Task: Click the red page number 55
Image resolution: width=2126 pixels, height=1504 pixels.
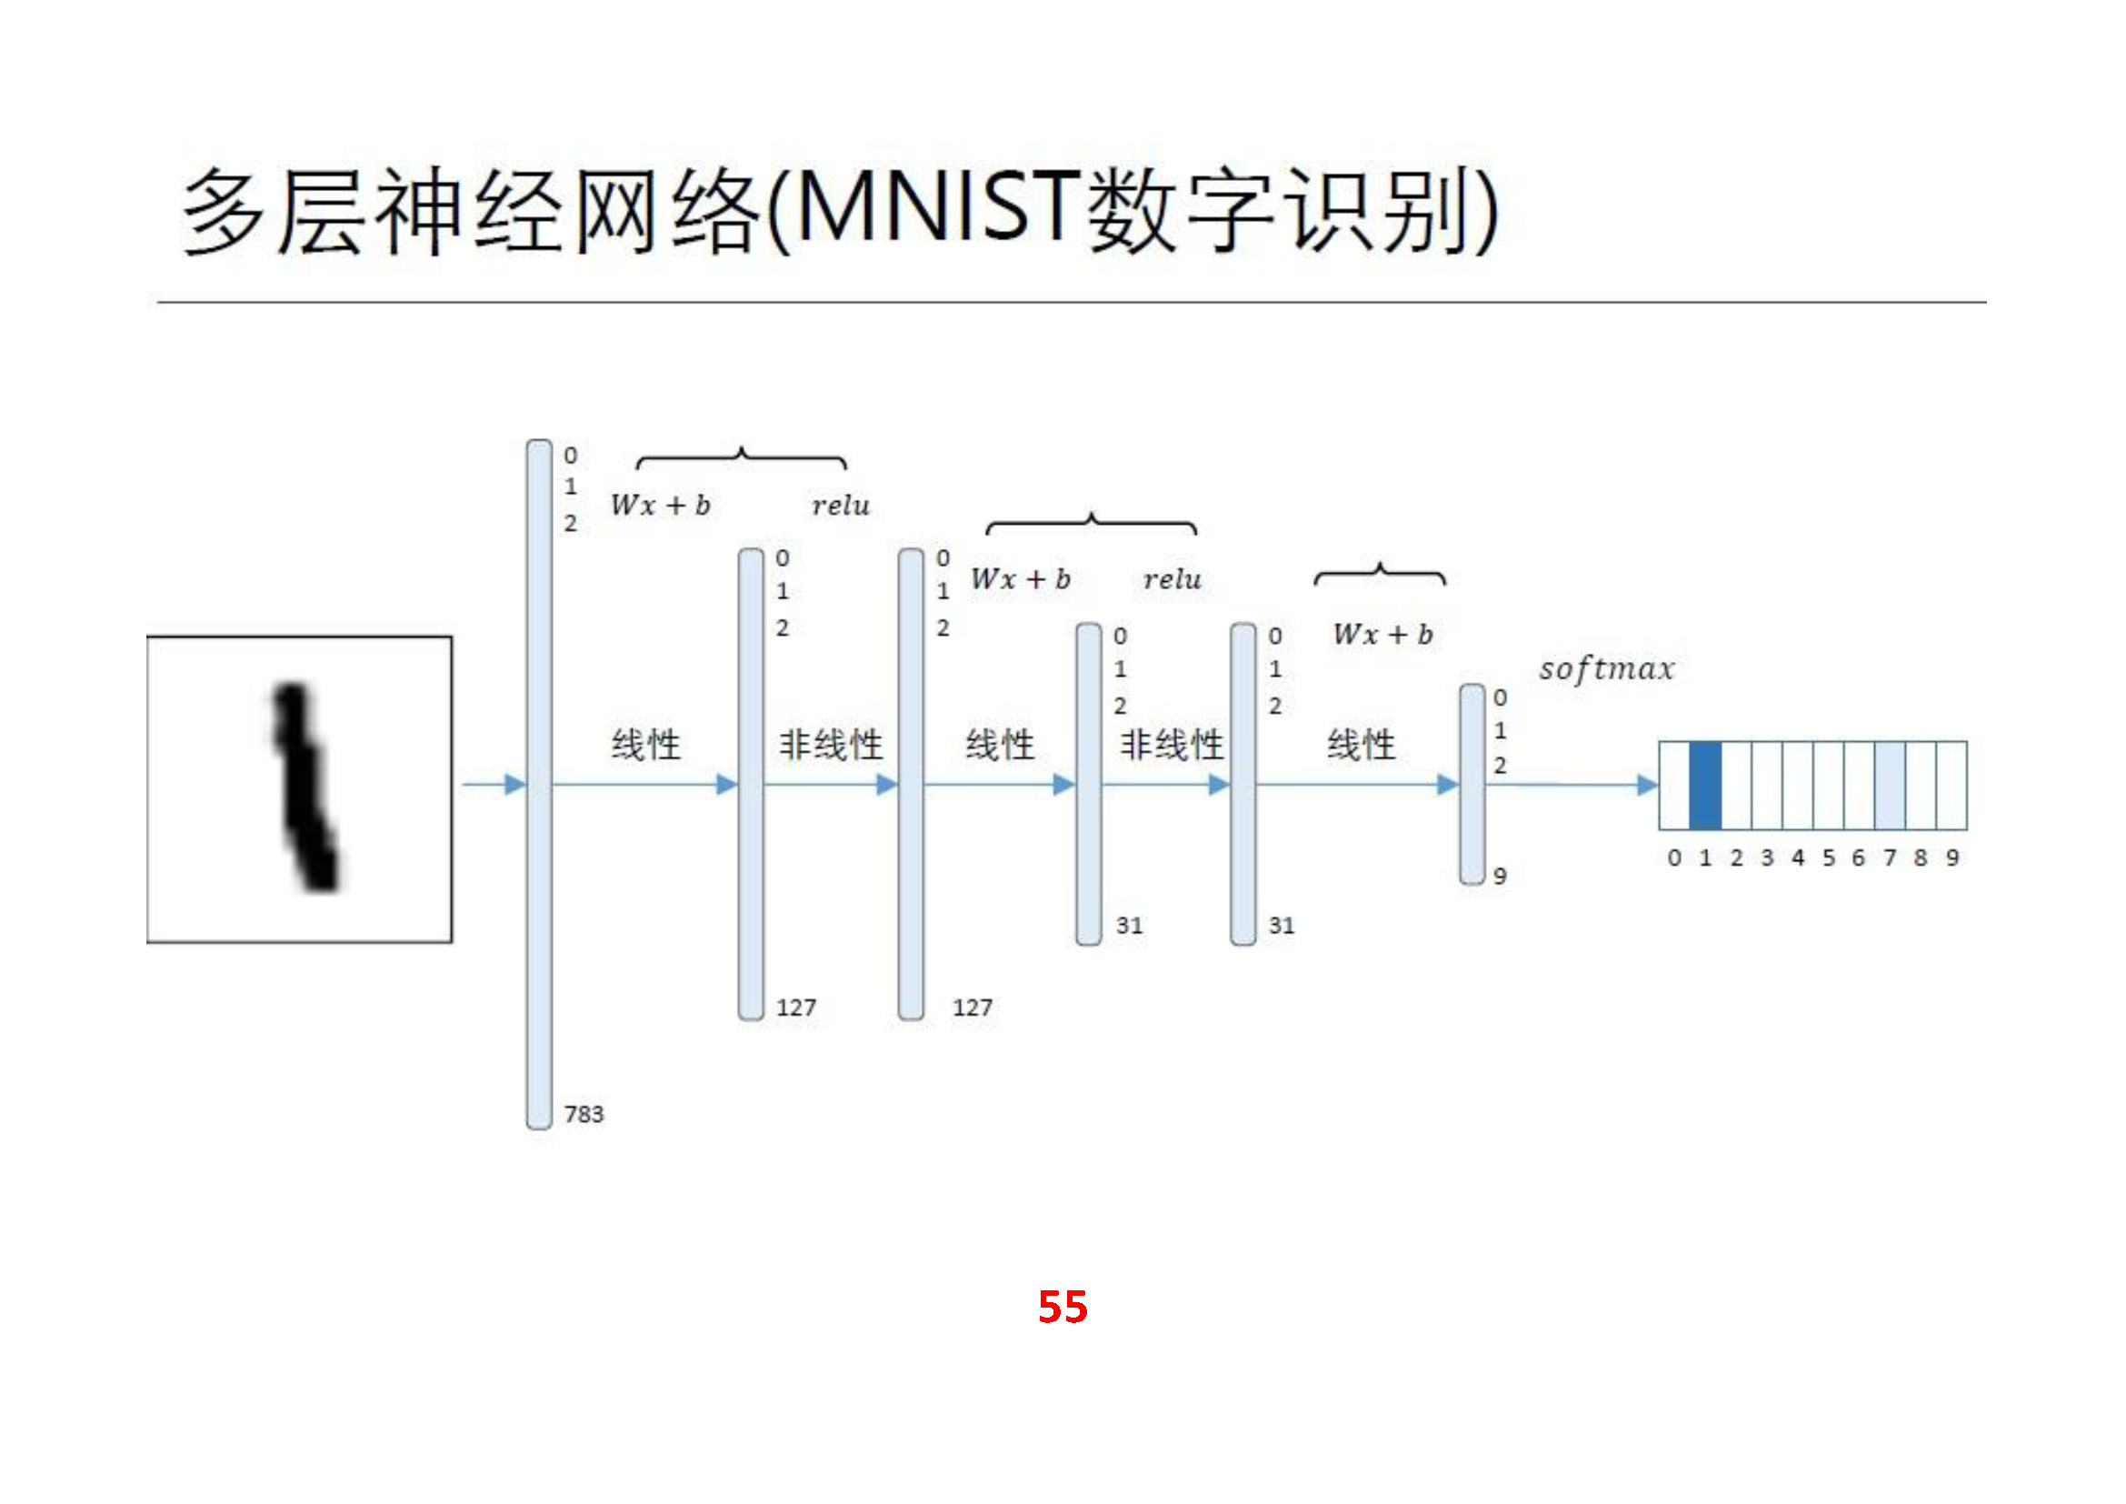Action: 1062,1307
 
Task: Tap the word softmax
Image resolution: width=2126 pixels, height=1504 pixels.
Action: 1606,668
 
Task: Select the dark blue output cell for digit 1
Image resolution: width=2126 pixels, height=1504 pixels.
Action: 1704,786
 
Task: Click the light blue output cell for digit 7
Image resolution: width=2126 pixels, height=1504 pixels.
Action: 1890,786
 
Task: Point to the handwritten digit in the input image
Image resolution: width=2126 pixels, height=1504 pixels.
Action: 304,787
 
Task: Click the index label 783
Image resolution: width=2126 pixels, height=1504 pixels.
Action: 584,1114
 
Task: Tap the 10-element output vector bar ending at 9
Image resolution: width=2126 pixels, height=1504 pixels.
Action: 1472,785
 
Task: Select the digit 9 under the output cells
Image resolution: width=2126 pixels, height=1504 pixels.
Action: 1951,858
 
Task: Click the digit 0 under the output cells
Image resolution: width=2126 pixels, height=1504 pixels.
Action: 1674,858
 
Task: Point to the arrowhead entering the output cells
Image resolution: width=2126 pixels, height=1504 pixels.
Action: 1647,786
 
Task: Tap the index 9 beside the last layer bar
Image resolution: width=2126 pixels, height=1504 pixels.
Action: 1500,875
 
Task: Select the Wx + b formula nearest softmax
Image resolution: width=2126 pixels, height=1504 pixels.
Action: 1382,636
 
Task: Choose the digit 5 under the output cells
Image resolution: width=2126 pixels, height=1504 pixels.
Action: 1829,858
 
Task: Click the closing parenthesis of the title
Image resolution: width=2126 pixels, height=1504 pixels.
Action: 1484,211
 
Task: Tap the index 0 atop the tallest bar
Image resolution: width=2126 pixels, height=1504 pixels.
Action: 571,456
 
